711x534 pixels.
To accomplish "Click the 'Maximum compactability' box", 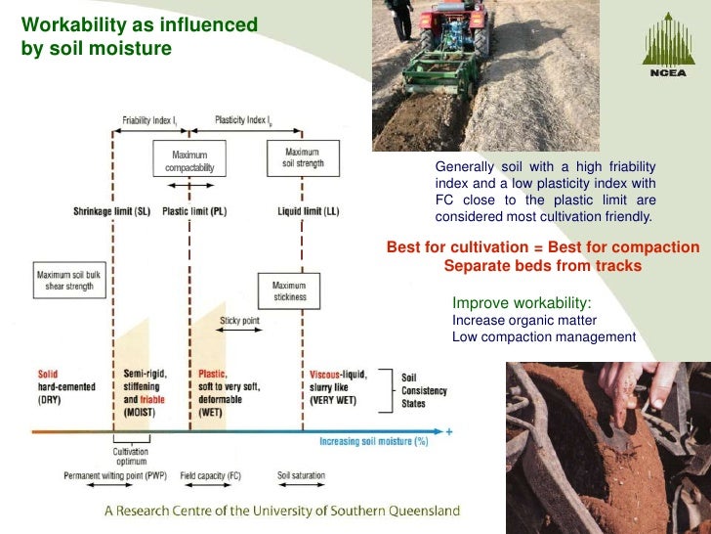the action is [x=189, y=161].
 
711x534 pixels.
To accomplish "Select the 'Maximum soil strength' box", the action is [x=302, y=157].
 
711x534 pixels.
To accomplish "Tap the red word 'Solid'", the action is [x=49, y=374].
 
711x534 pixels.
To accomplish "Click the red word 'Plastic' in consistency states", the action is [x=212, y=374].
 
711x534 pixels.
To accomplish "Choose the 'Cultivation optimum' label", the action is [x=130, y=457].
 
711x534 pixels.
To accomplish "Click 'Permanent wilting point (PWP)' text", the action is [x=116, y=476].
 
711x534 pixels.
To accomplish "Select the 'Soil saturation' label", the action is [x=301, y=476].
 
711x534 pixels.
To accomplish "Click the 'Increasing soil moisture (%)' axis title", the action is [x=375, y=441].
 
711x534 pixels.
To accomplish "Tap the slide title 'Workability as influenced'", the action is [x=140, y=23].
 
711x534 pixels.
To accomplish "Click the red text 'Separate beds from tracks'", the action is [x=543, y=266].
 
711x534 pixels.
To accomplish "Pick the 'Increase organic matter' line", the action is [x=524, y=320].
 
